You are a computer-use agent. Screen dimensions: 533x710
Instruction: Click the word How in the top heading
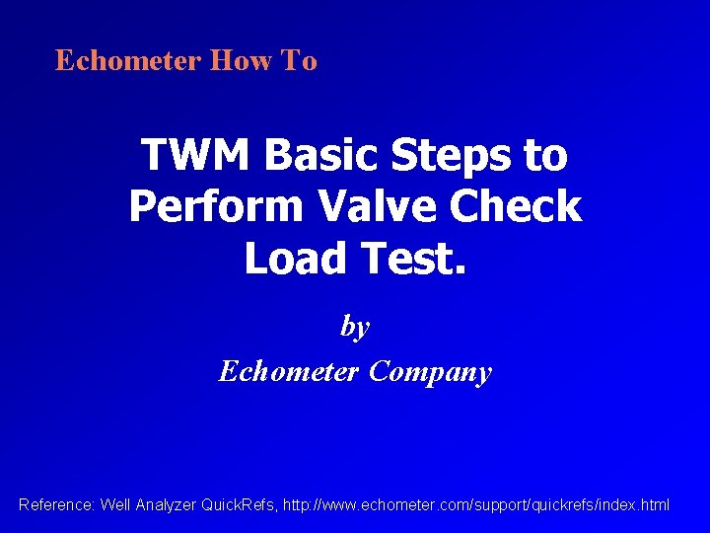tap(243, 61)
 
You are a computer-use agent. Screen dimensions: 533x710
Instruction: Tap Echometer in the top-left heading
tap(129, 61)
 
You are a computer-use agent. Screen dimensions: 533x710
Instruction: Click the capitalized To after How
tap(299, 61)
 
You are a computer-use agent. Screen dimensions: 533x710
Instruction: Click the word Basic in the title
tap(320, 155)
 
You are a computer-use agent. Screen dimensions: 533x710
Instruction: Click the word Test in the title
tap(409, 260)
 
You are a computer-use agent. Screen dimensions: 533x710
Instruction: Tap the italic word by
tap(354, 326)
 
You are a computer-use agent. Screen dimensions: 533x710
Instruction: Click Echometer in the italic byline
tap(290, 371)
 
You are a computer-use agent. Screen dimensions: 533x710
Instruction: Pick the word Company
tap(430, 371)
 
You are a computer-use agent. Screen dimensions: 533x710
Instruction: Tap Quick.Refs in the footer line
tap(239, 504)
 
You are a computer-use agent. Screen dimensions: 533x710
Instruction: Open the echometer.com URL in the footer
tap(475, 504)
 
